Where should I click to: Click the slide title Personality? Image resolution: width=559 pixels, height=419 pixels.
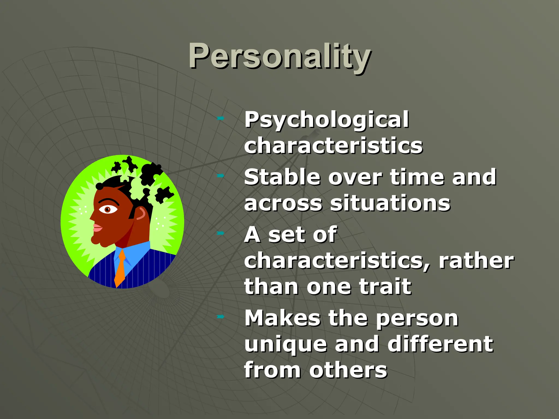coord(279,56)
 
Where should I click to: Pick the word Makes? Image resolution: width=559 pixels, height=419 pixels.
coord(282,318)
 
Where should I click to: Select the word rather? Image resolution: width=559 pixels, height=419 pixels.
coord(476,261)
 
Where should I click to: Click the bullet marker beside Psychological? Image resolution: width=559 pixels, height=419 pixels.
coord(220,118)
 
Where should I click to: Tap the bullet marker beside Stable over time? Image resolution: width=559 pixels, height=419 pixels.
coord(220,176)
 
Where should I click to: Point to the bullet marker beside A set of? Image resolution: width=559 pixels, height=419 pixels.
coord(220,233)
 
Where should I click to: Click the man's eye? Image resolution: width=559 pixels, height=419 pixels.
coord(108,209)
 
